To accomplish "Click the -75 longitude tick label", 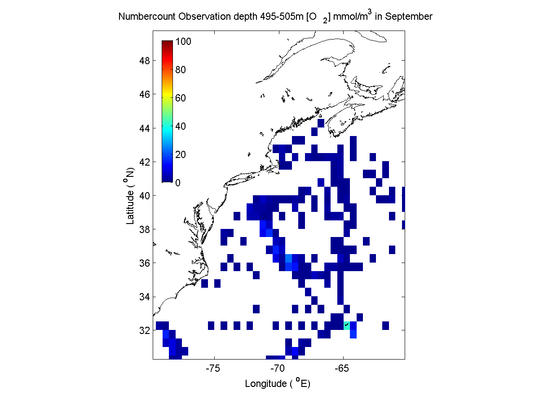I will pos(213,369).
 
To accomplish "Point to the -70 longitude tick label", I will pos(278,369).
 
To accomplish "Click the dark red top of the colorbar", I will pos(168,42).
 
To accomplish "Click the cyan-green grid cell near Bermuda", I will pos(347,325).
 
